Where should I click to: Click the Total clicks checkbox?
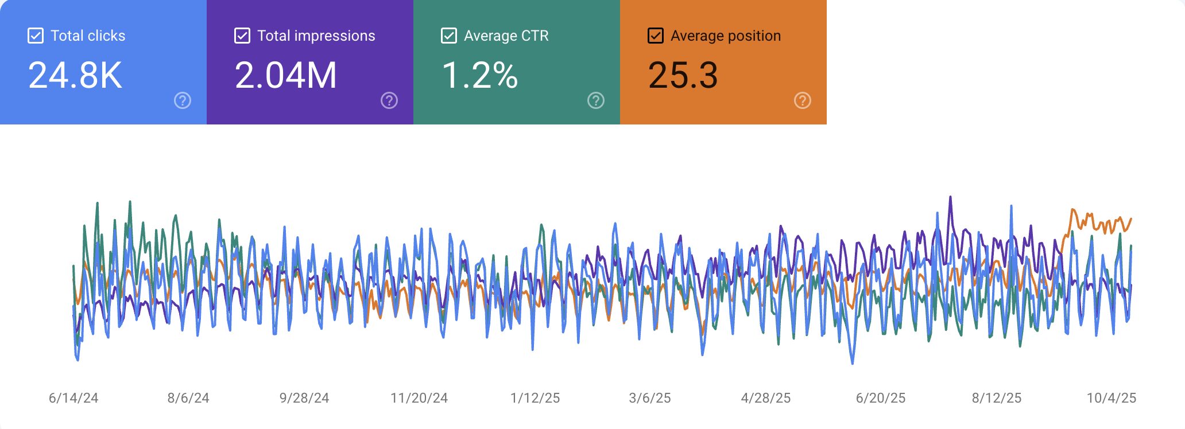[36, 36]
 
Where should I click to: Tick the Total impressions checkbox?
[242, 36]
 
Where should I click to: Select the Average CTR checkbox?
[449, 36]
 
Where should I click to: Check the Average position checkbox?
[656, 36]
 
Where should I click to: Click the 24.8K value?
[75, 75]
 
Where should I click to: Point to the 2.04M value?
[285, 75]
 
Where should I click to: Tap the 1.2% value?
[480, 75]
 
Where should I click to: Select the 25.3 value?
[683, 75]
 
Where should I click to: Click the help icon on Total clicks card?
[183, 101]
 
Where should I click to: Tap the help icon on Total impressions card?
[389, 101]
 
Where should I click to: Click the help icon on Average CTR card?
[596, 101]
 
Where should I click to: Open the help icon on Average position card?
[803, 101]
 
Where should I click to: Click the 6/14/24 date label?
[73, 398]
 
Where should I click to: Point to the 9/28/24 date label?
[304, 398]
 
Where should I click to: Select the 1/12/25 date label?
[535, 398]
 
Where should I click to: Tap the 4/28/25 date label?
[766, 398]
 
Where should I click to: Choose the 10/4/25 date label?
[1112, 398]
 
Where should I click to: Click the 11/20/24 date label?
[419, 398]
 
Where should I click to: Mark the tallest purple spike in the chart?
[950, 198]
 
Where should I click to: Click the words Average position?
[726, 36]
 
